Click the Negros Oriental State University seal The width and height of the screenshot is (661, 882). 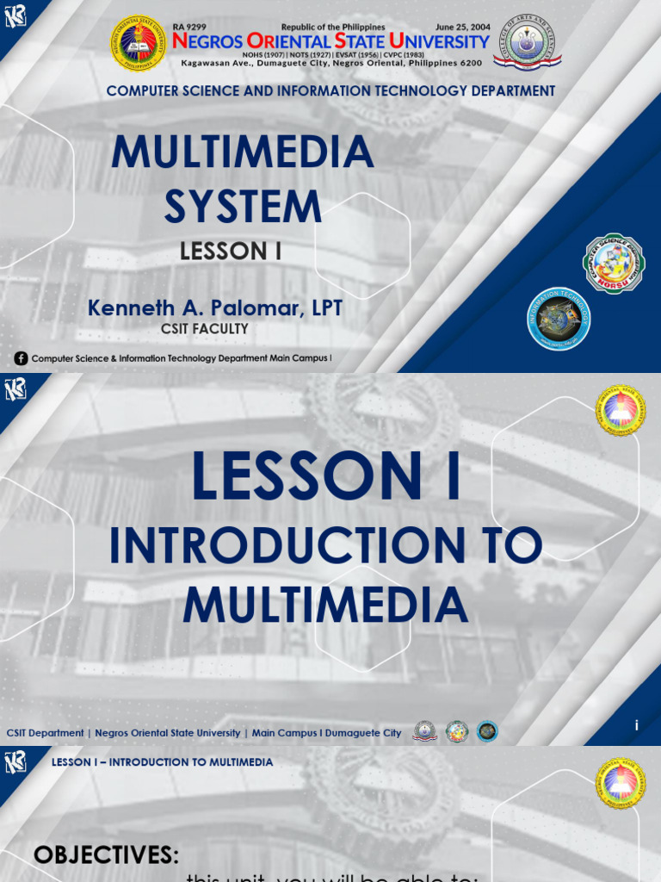pos(138,43)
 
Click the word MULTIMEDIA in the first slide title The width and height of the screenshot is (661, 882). pos(243,153)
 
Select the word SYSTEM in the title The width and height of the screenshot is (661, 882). pos(243,207)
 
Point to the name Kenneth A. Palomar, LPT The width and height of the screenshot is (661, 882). pos(215,308)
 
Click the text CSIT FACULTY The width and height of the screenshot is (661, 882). pos(205,329)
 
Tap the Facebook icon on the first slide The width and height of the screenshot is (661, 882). pos(21,358)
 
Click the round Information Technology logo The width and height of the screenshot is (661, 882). pos(559,320)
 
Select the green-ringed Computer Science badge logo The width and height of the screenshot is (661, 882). pos(614,264)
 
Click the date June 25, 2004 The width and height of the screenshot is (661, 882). pos(462,28)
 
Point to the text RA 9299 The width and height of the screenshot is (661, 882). pos(189,28)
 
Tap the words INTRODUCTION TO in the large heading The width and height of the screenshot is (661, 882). pos(325,546)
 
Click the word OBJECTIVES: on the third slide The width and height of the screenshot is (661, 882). pos(106,855)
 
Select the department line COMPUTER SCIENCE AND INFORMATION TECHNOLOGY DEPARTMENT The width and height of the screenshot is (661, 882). pos(330,90)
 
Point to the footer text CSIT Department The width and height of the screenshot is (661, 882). pos(45,733)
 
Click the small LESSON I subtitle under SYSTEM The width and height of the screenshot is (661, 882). pos(231,252)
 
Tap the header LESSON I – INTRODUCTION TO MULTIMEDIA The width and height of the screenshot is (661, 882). pos(162,762)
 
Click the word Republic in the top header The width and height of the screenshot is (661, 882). pos(300,28)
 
